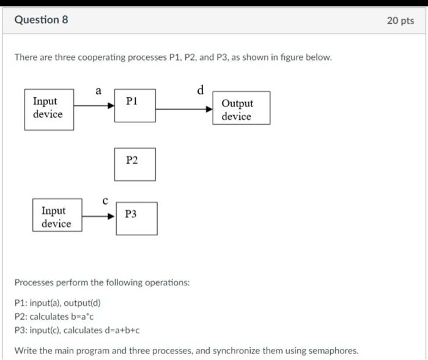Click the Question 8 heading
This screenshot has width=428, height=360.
41,20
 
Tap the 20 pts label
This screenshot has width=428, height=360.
400,20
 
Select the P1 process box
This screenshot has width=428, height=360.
135,105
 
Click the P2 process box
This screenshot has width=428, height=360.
135,164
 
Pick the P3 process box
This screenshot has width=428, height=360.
136,218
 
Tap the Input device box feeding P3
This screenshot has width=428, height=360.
57,217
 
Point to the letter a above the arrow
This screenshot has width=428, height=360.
98,91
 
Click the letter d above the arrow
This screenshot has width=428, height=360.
201,90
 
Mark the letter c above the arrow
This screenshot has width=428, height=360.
105,200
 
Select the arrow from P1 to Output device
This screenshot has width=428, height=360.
184,109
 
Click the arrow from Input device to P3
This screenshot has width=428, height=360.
98,216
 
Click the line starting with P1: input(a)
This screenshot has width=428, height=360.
58,303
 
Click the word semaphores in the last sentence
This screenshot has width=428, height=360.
334,351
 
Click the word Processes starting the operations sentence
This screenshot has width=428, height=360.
34,283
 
